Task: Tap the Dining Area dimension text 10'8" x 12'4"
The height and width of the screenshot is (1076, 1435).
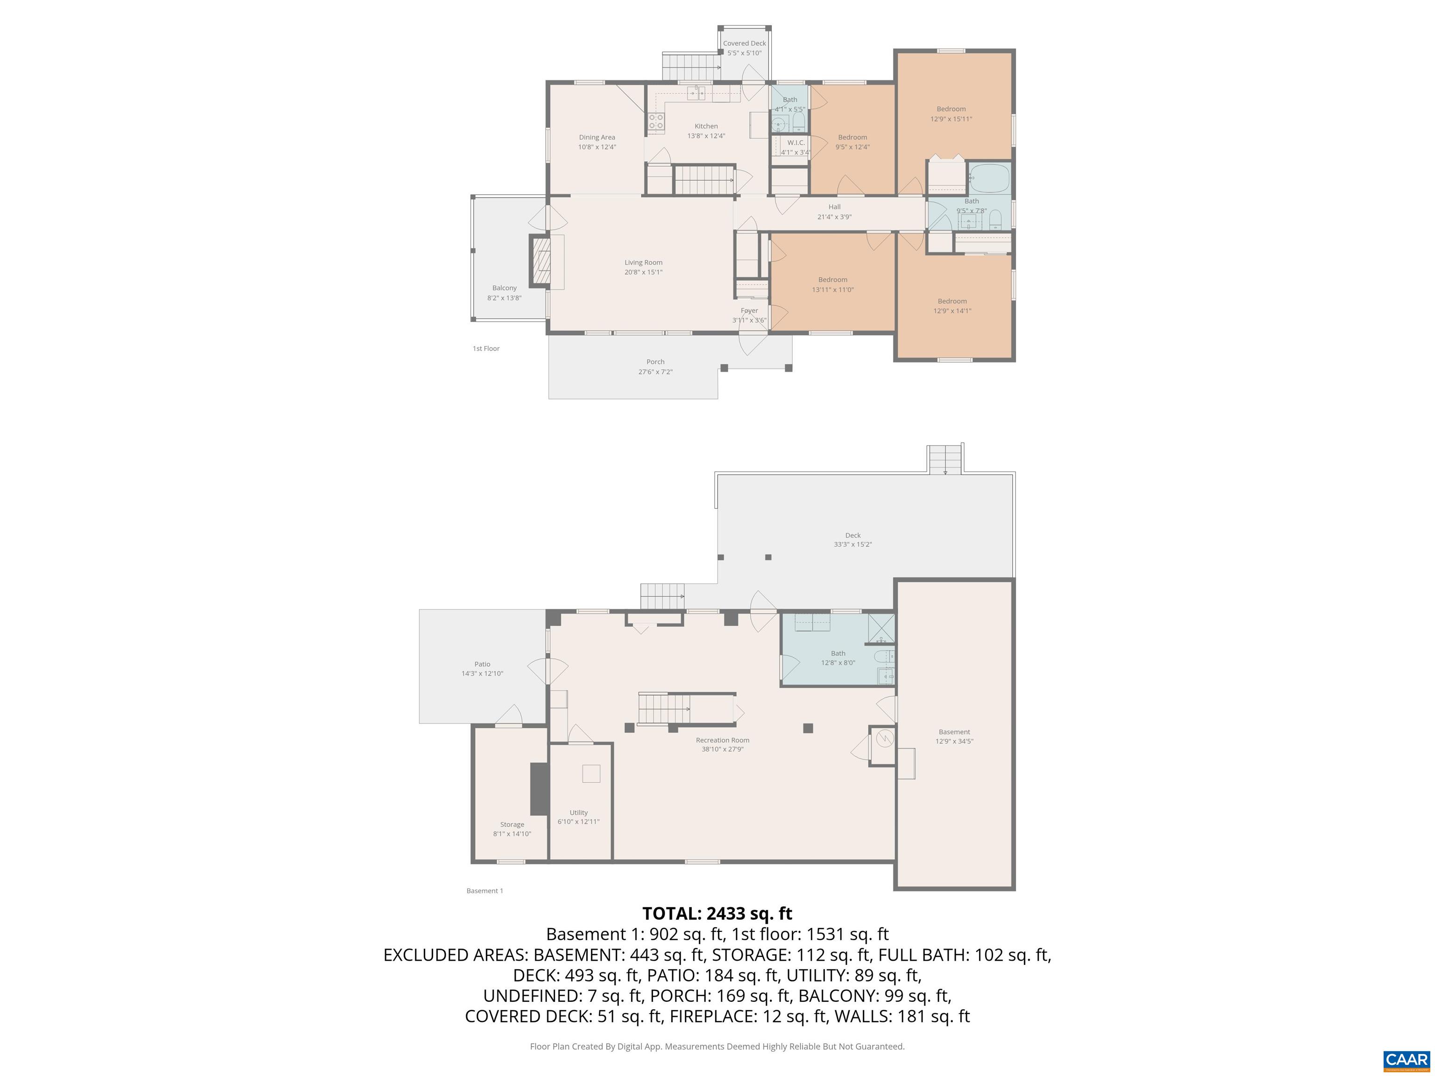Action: tap(597, 147)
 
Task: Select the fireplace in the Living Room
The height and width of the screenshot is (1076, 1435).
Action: tap(541, 262)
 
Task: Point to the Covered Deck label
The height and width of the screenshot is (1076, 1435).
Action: tap(744, 43)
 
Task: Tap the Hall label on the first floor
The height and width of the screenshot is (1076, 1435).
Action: tap(834, 207)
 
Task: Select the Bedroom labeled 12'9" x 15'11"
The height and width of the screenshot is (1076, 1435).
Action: tap(951, 114)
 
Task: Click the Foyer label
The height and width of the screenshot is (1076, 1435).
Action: tap(749, 311)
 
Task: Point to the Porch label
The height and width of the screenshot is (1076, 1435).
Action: tap(655, 362)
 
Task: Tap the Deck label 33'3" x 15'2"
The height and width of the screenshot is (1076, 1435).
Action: tap(852, 539)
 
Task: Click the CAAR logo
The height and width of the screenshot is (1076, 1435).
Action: tap(1406, 1060)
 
